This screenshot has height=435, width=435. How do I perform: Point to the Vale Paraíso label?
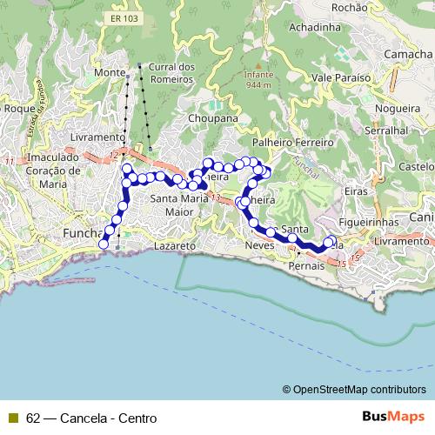pos(341,77)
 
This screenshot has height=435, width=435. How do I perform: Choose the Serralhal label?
pos(389,129)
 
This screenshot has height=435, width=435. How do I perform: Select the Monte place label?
pos(110,72)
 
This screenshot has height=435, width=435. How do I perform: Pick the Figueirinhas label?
pos(369,223)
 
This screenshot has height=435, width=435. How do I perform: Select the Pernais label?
pos(305,265)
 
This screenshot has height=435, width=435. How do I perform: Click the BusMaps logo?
pos(395,417)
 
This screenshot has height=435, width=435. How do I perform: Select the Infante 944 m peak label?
pos(258,79)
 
